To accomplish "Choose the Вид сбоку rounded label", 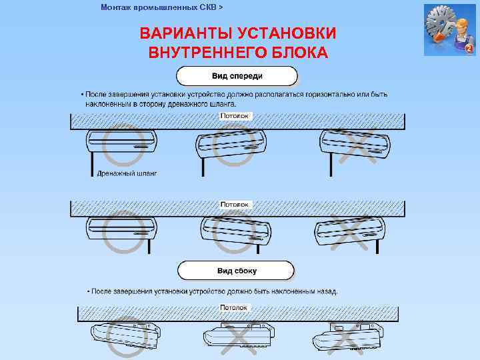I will [x=236, y=271].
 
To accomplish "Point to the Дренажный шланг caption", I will [x=127, y=173].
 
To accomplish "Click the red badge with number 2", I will [x=469, y=49].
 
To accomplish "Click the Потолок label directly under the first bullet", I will [x=235, y=116].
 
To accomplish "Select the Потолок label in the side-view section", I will [x=235, y=308].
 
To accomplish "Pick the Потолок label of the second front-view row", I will [x=235, y=204].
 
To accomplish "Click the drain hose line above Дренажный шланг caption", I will [x=89, y=162].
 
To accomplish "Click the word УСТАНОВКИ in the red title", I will [x=287, y=33].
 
